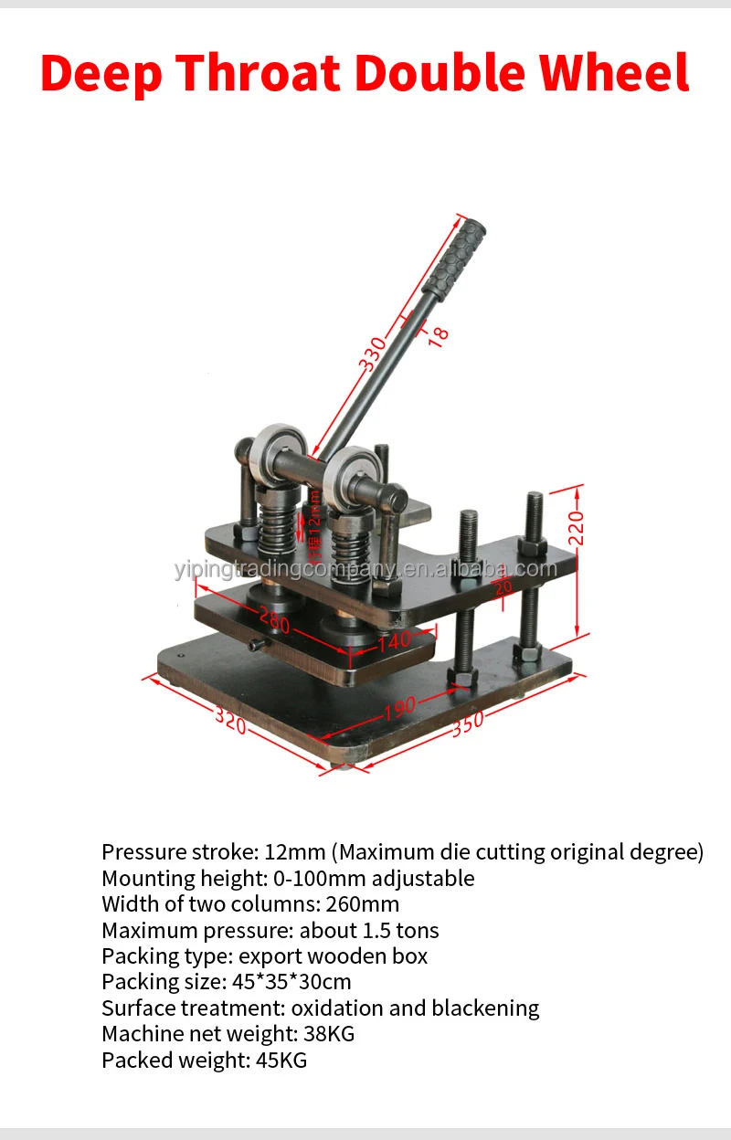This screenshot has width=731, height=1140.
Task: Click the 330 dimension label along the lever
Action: click(372, 354)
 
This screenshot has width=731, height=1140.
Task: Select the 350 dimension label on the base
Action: click(467, 724)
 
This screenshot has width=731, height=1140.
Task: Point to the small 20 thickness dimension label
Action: click(500, 586)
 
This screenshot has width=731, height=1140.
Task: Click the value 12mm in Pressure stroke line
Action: click(295, 852)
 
